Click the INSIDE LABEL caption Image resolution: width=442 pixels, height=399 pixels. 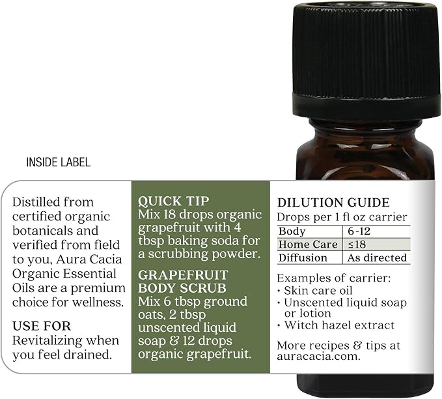(59, 162)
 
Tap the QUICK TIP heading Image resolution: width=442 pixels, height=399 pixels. (174, 201)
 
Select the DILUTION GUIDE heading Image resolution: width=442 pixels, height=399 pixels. (333, 203)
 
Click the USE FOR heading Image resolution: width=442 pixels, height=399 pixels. (42, 326)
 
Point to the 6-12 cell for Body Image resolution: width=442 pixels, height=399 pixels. (359, 231)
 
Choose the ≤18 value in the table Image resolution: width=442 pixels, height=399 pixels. (357, 244)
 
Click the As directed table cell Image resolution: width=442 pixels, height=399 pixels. (377, 258)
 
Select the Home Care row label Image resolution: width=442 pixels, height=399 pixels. (308, 244)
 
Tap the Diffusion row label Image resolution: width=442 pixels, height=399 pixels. (303, 258)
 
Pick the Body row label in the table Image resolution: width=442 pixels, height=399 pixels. (292, 231)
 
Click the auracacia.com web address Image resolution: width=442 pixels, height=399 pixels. (318, 357)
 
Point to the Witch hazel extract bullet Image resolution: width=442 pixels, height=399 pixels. (339, 325)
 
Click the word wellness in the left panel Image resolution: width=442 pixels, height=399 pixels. (98, 302)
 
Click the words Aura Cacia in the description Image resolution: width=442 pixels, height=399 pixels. (89, 259)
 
